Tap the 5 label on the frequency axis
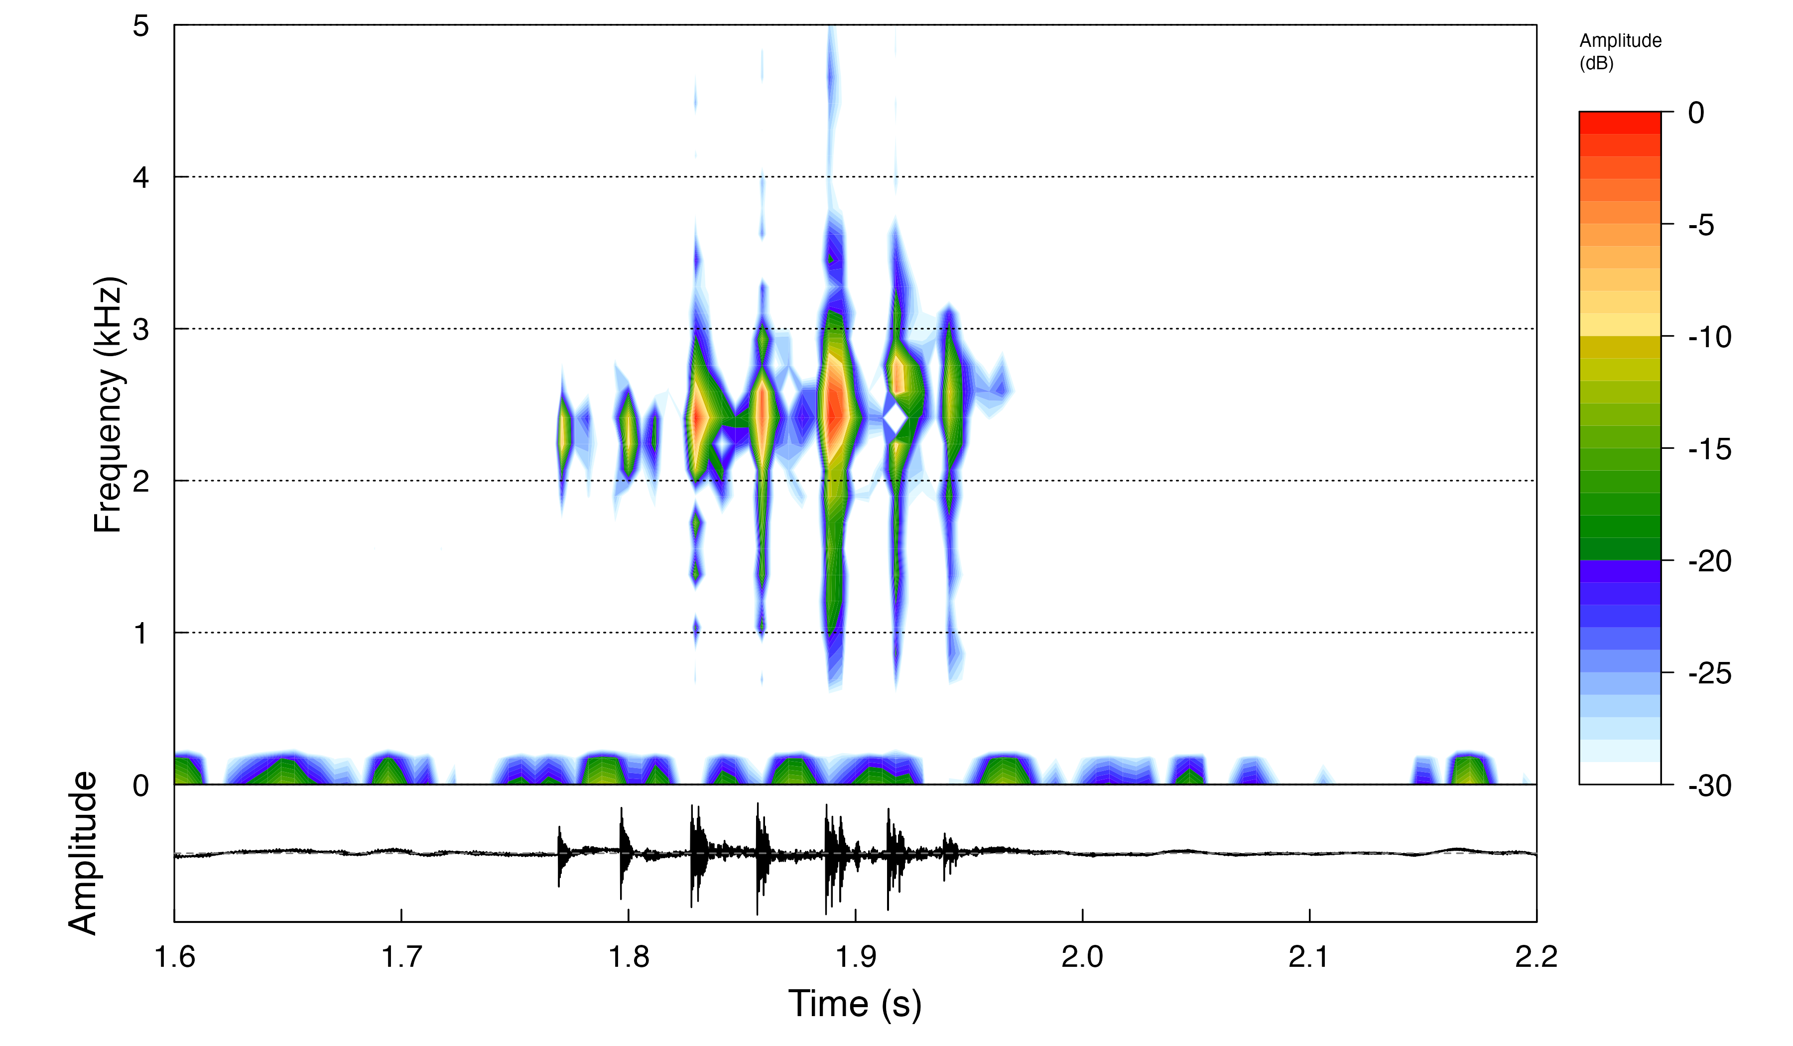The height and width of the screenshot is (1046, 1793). click(141, 26)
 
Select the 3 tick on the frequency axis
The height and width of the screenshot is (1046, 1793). click(141, 329)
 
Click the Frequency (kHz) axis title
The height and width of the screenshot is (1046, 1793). click(109, 404)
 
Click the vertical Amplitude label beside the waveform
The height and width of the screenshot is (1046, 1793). click(83, 852)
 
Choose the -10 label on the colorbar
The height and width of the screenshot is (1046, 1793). click(1709, 337)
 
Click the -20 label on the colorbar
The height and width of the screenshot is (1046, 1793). click(1709, 561)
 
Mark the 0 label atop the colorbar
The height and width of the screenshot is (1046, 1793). click(1696, 113)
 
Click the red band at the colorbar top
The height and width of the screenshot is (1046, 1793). click(1619, 123)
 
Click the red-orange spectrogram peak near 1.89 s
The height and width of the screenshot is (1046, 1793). click(834, 409)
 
